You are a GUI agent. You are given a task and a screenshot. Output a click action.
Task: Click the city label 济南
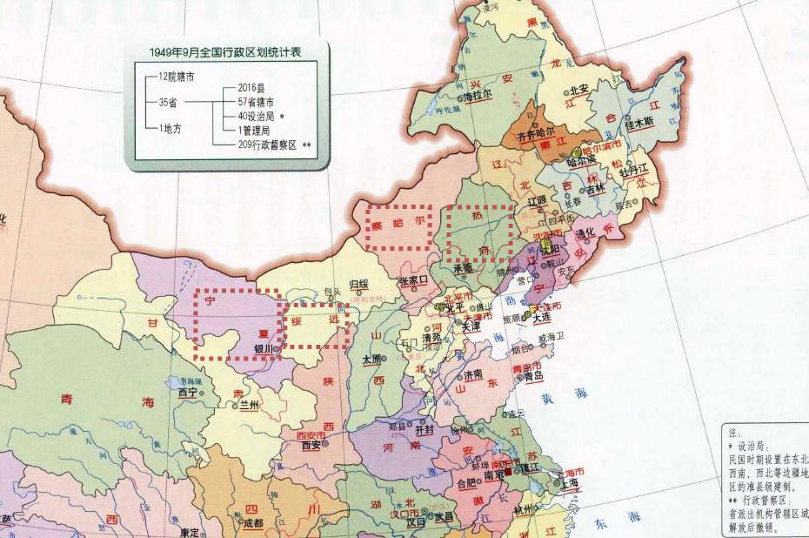(x=473, y=375)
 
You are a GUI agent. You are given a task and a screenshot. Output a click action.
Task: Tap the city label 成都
(x=252, y=524)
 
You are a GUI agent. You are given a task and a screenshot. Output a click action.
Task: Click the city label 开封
(x=425, y=429)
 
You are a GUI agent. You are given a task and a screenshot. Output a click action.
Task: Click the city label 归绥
(x=358, y=284)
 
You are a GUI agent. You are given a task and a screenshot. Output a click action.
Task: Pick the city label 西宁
(x=187, y=393)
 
